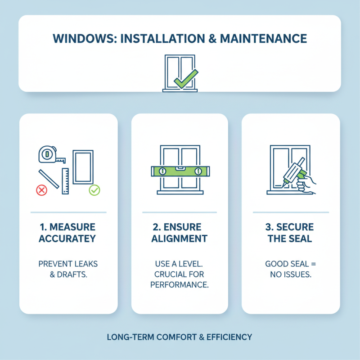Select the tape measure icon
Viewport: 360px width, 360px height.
point(48,154)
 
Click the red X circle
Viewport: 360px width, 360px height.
point(41,190)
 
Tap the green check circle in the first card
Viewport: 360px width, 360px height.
point(94,190)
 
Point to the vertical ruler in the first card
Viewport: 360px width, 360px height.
point(65,181)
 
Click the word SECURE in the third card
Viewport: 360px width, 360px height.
point(295,226)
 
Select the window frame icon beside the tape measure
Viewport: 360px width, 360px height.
point(83,167)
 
